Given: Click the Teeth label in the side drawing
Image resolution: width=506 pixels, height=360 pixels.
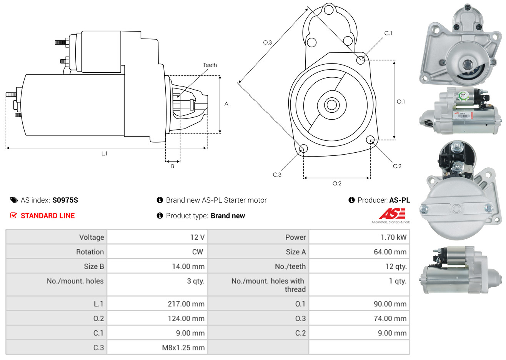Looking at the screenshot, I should click(210, 65).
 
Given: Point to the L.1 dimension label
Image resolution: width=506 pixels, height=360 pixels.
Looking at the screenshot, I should click(104, 153).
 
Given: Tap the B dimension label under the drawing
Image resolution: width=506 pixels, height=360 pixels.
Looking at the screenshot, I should click(173, 166).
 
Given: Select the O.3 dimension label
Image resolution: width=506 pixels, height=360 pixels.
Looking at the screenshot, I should click(267, 42).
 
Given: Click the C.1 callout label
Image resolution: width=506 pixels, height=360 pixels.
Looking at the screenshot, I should click(388, 33).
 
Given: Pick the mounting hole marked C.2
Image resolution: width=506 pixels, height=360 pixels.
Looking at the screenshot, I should click(370, 139).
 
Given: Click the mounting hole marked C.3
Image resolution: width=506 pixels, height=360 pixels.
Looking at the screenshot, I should click(303, 149).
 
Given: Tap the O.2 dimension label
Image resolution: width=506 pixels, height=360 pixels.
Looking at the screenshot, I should click(337, 183).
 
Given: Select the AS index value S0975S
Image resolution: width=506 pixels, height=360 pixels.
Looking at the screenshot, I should click(65, 200).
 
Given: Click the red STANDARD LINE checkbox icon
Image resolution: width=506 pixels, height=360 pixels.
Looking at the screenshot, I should click(14, 215).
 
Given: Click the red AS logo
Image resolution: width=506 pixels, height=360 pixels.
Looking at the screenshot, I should click(392, 213).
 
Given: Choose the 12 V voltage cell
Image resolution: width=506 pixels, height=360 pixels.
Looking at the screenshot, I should click(197, 237).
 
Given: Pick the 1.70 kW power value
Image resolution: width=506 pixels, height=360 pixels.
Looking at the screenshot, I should click(393, 237).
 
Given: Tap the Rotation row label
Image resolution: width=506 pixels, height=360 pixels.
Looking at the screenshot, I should click(90, 252).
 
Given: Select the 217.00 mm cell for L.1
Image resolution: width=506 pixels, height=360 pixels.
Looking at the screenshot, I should click(186, 304).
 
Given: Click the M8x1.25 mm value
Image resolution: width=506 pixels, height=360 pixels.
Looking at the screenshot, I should click(183, 348).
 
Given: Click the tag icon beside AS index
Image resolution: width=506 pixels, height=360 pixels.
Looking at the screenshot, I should click(14, 200).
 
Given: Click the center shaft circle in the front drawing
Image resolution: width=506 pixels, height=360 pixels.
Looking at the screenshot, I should click(331, 105).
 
